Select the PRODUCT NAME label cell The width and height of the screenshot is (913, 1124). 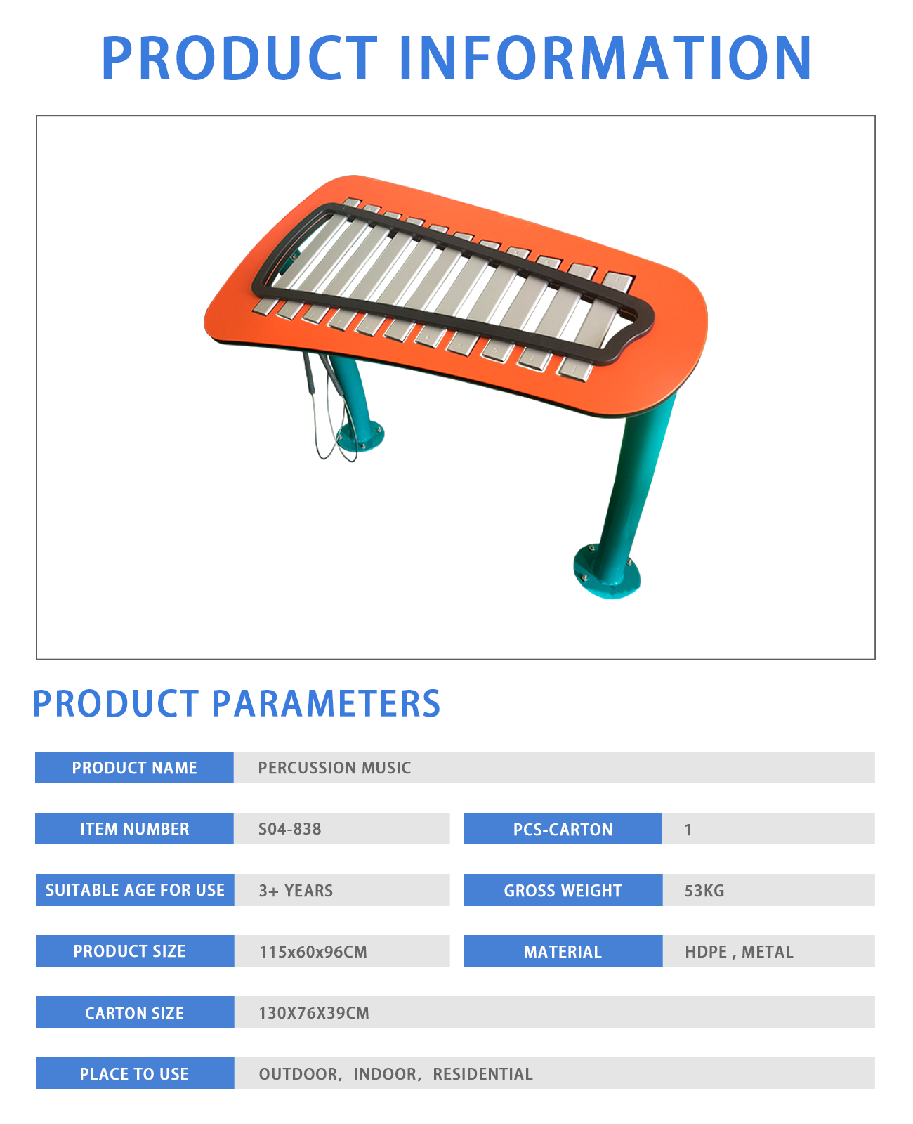point(134,767)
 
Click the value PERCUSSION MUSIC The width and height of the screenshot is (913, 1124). point(334,768)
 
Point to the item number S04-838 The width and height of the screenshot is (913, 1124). point(289,829)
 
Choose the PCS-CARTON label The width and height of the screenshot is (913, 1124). point(563,829)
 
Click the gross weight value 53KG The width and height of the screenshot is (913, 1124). point(704,891)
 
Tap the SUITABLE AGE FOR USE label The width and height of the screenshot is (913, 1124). point(135,890)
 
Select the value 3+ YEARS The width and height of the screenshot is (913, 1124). point(296,891)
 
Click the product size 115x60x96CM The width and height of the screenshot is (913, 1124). point(313,952)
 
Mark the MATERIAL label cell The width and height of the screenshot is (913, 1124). point(563,951)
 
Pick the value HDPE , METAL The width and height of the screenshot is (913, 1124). point(739,952)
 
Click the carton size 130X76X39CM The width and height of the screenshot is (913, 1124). point(314,1013)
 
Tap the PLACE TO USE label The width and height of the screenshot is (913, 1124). point(135,1074)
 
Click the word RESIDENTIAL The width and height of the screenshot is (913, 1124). point(482,1074)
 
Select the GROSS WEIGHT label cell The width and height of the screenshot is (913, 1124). point(563,890)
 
